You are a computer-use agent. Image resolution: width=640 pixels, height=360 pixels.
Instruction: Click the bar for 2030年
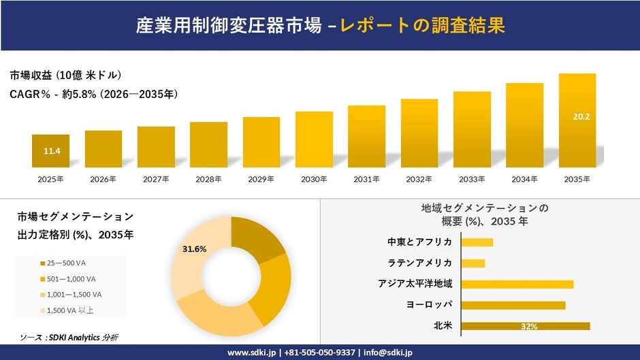[314, 140]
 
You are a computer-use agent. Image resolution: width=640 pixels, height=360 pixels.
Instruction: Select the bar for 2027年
[156, 147]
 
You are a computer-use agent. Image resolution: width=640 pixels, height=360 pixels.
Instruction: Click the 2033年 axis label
[472, 179]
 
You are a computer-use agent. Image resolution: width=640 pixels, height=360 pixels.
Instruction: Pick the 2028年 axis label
[208, 179]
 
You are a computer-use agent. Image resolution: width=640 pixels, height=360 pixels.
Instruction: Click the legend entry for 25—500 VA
[67, 263]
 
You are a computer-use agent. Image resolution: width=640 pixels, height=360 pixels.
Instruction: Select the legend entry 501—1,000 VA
[71, 278]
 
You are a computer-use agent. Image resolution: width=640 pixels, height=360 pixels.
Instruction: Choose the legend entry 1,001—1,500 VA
[74, 294]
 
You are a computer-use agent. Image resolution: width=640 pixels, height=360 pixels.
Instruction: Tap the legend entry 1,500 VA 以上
[71, 310]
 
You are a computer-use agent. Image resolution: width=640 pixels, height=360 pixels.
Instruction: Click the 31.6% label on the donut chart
[194, 249]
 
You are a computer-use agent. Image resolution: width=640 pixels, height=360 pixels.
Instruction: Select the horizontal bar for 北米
[525, 326]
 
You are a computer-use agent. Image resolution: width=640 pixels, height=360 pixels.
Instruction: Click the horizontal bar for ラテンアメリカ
[473, 263]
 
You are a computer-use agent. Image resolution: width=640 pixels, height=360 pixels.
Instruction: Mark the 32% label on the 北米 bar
[528, 327]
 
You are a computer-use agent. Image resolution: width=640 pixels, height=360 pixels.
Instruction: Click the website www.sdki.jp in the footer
[251, 353]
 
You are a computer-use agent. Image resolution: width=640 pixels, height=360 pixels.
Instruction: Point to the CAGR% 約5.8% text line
[94, 95]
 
